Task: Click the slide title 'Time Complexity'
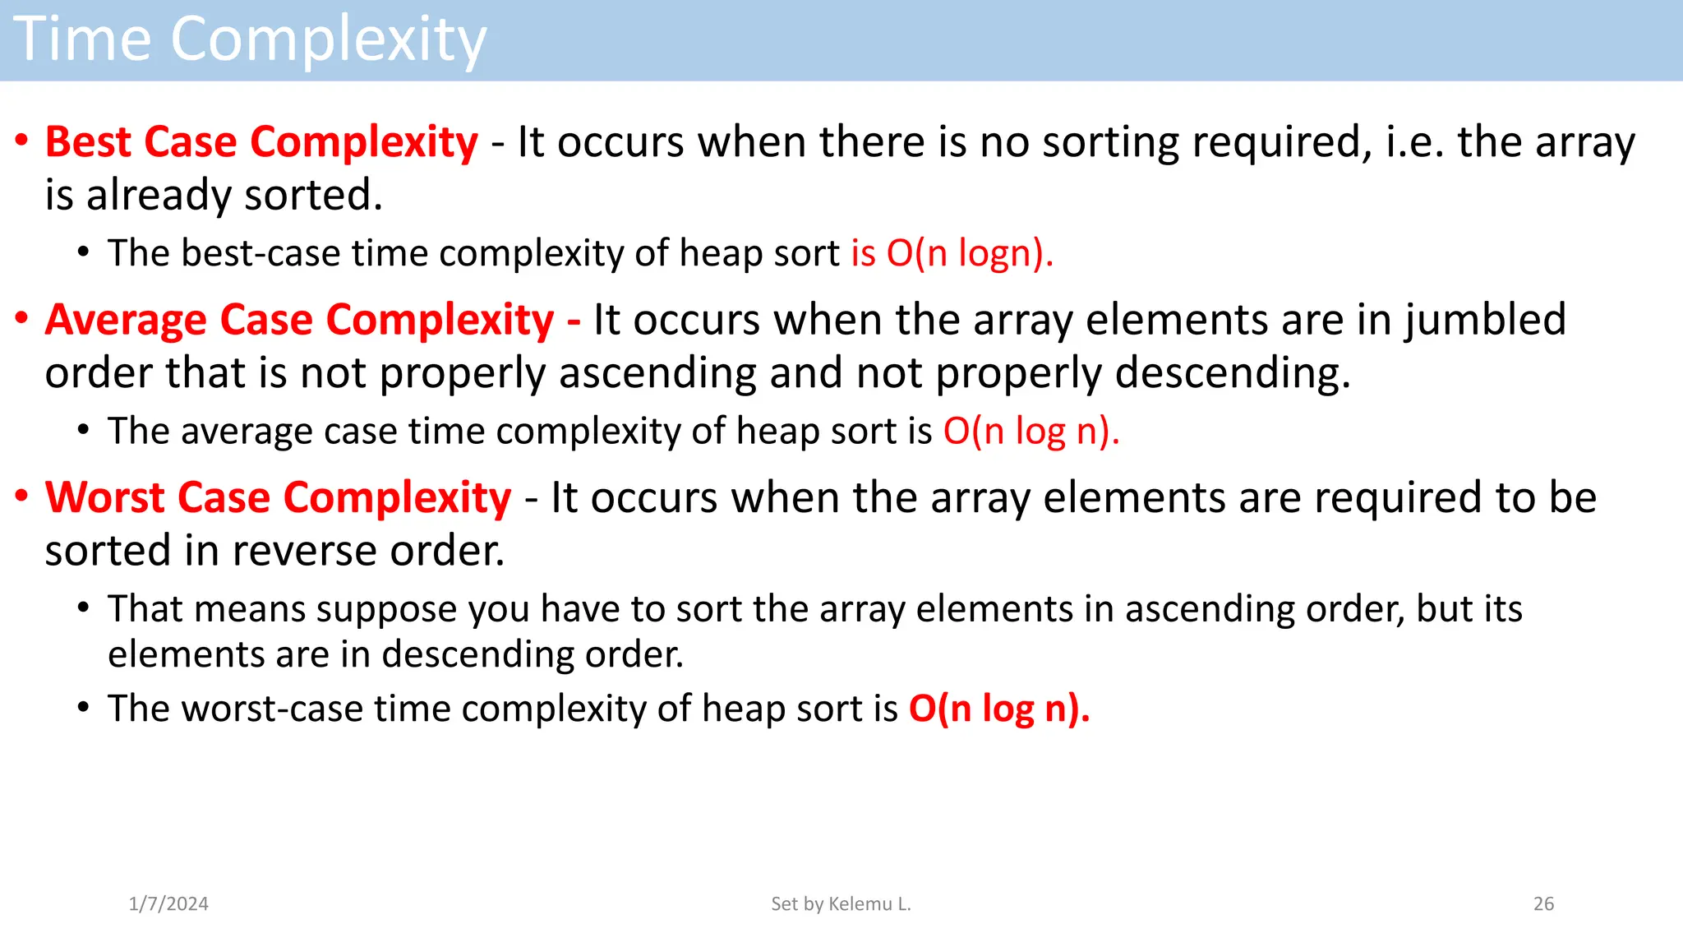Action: click(250, 39)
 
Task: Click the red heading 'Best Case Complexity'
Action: click(261, 142)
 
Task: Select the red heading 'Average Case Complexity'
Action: click(300, 320)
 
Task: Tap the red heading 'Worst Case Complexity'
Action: click(278, 498)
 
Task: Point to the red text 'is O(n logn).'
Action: click(952, 253)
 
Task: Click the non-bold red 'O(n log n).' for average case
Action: click(1031, 432)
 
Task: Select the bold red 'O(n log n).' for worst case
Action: click(998, 709)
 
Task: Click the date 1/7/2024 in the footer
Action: click(168, 904)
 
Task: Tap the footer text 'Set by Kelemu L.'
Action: click(841, 904)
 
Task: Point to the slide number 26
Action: click(1543, 904)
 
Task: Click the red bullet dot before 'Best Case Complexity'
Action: click(22, 141)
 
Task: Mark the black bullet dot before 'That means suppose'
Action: click(84, 608)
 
